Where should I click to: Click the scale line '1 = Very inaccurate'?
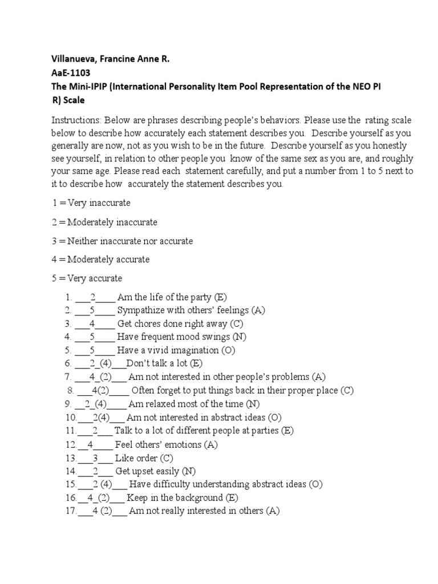[x=91, y=203]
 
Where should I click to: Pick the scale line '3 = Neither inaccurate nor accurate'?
[x=122, y=241]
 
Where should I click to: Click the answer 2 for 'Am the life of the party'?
[x=92, y=297]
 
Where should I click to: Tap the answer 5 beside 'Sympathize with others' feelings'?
[x=92, y=311]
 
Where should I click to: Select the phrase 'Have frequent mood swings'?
[x=173, y=337]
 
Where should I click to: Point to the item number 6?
[x=67, y=363]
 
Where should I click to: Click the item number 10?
[x=70, y=417]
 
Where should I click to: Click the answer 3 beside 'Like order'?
[x=95, y=458]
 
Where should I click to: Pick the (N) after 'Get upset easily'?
[x=189, y=471]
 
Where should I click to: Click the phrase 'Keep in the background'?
[x=174, y=498]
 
